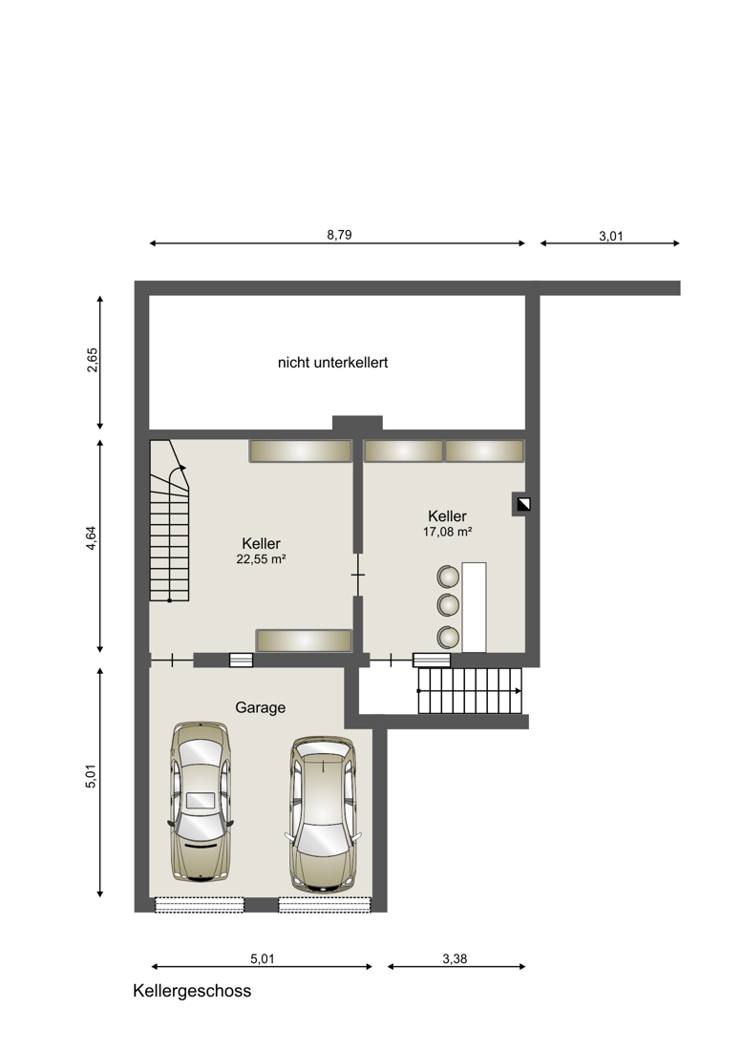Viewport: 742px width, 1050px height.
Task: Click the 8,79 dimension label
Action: click(x=339, y=235)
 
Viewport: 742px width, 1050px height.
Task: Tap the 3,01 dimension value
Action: click(x=611, y=236)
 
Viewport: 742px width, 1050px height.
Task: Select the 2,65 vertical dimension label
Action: click(x=93, y=360)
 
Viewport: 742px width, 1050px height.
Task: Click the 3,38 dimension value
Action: click(x=455, y=959)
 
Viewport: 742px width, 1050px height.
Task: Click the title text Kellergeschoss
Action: click(x=192, y=991)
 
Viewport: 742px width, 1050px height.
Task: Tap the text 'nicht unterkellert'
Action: click(x=333, y=363)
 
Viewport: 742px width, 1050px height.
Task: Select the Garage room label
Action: click(x=261, y=708)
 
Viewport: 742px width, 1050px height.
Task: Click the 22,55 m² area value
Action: click(x=261, y=559)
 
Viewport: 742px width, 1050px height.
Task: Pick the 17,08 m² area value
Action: click(x=447, y=532)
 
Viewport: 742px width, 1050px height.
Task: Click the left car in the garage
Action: click(x=201, y=801)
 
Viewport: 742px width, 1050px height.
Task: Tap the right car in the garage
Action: click(x=323, y=815)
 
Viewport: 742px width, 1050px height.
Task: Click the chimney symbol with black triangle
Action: click(x=523, y=504)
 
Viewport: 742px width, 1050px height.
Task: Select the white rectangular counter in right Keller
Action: click(x=474, y=607)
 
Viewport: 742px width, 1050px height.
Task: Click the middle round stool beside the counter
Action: click(x=448, y=604)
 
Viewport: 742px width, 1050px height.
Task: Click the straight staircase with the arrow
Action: click(x=470, y=690)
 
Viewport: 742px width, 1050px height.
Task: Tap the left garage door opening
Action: click(x=200, y=905)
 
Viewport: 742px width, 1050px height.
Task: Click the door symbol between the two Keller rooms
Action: click(x=358, y=575)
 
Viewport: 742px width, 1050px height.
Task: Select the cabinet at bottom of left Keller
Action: click(x=304, y=640)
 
